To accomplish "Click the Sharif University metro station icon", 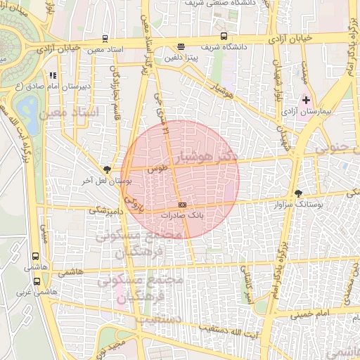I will pyautogui.click(x=224, y=36).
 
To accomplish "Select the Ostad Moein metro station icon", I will pyautogui.click(x=105, y=39).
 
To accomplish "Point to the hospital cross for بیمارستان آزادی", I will pyautogui.click(x=306, y=101).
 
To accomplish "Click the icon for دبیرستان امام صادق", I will pyautogui.click(x=52, y=75).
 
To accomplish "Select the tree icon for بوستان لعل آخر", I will pyautogui.click(x=107, y=169).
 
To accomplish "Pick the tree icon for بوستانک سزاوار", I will pyautogui.click(x=299, y=192).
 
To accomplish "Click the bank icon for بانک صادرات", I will pyautogui.click(x=183, y=205).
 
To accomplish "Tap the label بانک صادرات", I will pyautogui.click(x=183, y=216).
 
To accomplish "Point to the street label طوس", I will pyautogui.click(x=157, y=169).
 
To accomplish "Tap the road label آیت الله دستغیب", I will pyautogui.click(x=217, y=328).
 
